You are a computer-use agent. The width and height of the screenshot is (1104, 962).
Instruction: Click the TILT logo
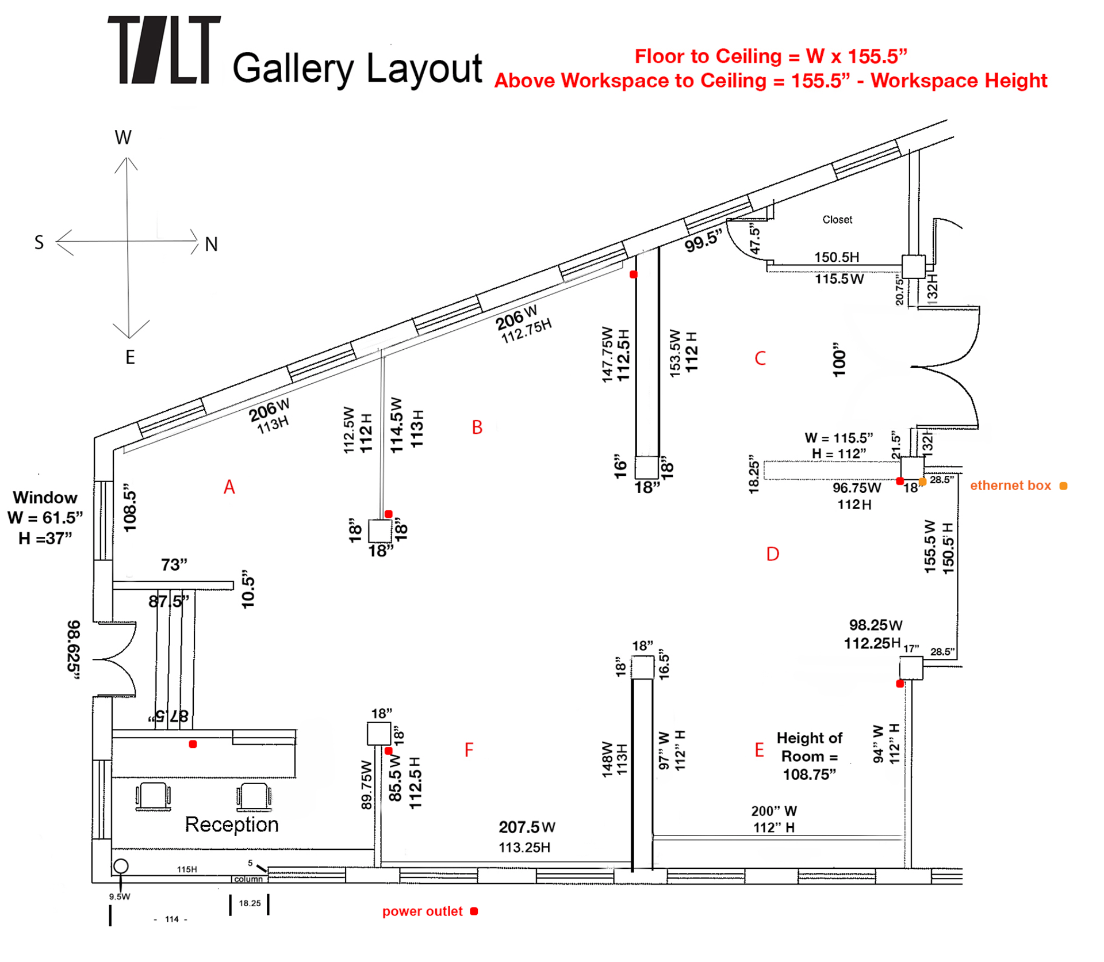click(x=164, y=50)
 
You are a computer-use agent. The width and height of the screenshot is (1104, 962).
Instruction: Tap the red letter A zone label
click(x=229, y=487)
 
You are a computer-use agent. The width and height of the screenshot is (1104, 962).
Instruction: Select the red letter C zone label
click(x=760, y=358)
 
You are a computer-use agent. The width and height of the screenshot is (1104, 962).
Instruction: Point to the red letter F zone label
click(x=469, y=750)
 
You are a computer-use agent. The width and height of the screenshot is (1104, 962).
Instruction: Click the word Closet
click(x=837, y=220)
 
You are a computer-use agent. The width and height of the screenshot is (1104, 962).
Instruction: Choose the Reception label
click(x=231, y=824)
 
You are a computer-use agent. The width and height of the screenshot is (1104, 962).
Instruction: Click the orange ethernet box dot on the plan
click(x=922, y=482)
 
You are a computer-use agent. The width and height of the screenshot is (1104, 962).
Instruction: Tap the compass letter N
click(x=211, y=245)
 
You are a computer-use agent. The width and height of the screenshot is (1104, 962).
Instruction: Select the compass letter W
click(x=123, y=138)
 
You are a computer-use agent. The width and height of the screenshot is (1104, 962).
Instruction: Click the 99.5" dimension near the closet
click(x=703, y=240)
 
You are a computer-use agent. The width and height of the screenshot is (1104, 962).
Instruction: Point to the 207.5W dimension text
click(x=527, y=827)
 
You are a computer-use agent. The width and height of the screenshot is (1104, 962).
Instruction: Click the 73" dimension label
click(x=174, y=565)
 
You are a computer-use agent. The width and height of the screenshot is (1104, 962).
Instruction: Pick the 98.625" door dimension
click(x=74, y=650)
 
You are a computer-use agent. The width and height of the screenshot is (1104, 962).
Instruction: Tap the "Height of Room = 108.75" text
click(x=809, y=756)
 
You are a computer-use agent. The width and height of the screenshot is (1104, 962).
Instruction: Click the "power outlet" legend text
click(x=422, y=911)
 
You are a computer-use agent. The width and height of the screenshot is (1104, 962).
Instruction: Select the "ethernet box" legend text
click(x=1010, y=486)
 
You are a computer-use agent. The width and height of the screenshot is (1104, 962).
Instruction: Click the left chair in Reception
click(x=153, y=796)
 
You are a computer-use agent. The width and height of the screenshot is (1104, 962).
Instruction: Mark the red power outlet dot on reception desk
click(x=193, y=744)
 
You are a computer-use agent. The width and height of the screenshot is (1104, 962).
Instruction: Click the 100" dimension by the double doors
click(x=839, y=360)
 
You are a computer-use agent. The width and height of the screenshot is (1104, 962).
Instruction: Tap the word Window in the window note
click(x=45, y=498)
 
